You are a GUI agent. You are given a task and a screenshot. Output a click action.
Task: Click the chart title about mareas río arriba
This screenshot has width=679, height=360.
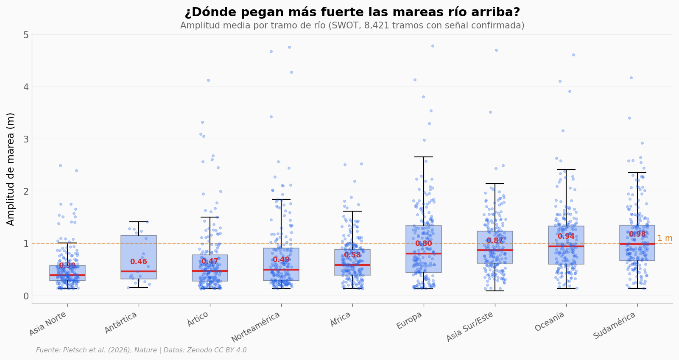pos(352,12)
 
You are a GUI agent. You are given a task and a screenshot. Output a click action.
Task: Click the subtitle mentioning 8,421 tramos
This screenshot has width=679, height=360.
pos(352,26)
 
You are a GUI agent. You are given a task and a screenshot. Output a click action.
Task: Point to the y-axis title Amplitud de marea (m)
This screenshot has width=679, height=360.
pos(11,169)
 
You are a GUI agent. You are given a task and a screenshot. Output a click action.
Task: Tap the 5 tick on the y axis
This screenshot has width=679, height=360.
pos(26,35)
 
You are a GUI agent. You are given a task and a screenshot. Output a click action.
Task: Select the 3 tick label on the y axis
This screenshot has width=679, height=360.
pos(26,139)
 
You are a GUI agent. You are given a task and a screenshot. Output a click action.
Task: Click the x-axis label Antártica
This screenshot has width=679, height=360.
pos(121,323)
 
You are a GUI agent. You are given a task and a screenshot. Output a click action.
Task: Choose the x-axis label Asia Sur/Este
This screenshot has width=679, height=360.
pos(470,327)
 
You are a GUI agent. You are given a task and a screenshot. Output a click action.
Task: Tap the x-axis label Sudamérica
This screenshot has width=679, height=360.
pos(615,325)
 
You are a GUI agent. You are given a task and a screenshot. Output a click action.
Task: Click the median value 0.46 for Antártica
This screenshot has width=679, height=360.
pos(139,262)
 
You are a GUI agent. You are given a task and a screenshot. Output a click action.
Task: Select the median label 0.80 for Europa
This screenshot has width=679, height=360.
pos(423,244)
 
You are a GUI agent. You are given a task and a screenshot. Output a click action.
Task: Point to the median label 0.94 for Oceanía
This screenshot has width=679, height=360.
pos(566,237)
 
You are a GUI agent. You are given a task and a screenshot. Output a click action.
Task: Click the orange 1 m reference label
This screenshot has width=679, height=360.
pos(665,238)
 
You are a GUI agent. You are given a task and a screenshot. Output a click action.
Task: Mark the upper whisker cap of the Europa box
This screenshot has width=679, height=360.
pos(424,157)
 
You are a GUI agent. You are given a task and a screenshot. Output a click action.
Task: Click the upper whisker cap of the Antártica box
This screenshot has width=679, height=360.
pos(139,222)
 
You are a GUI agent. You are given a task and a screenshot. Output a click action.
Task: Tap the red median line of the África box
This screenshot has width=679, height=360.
pos(352,265)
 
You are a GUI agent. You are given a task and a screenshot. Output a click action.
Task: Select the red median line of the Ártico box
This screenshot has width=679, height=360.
pos(210,271)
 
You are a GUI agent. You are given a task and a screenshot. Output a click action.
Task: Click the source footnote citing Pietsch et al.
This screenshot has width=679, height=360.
pos(141,350)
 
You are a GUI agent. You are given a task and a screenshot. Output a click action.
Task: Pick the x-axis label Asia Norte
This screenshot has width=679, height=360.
pos(48,324)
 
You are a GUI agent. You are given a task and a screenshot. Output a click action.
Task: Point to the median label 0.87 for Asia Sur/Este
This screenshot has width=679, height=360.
pos(495,241)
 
